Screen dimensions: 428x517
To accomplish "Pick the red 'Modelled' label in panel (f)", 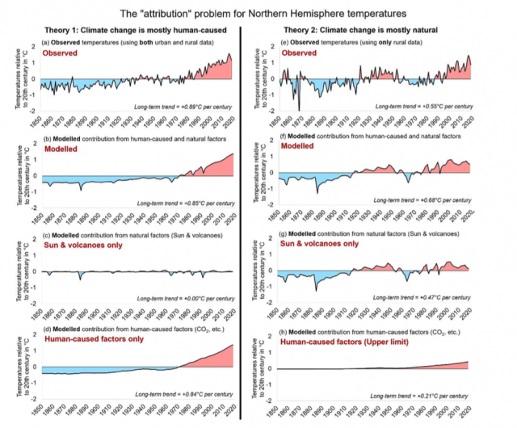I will [293, 149].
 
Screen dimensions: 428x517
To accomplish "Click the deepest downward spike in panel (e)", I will [299, 109].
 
